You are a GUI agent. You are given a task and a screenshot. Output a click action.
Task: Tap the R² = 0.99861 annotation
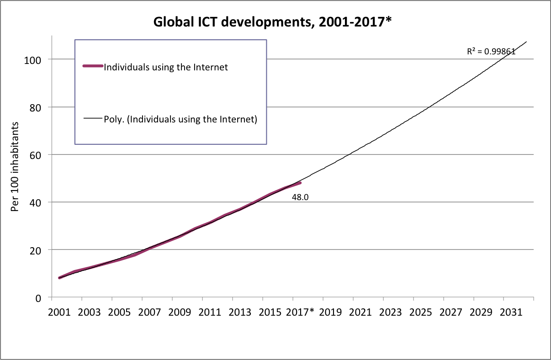pos(491,52)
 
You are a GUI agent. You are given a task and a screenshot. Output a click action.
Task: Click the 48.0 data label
pos(300,198)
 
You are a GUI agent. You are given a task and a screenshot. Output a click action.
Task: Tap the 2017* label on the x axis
pos(300,312)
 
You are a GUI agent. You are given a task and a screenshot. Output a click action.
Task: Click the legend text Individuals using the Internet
pos(166,67)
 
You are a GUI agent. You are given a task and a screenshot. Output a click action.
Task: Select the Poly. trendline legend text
pos(181,120)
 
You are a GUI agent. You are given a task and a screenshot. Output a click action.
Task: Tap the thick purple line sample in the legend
pos(93,66)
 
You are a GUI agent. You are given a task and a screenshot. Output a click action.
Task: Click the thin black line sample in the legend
pos(93,119)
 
